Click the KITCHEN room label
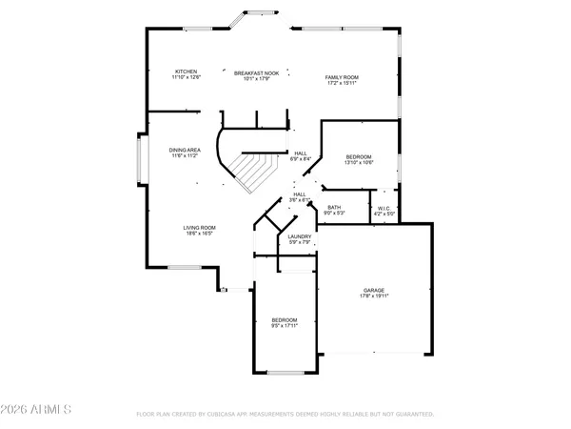[x=185, y=71]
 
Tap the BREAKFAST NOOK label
[x=257, y=71]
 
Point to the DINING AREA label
[x=184, y=150]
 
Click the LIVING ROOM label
[x=200, y=227]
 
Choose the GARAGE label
[x=373, y=290]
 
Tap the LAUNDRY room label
[x=301, y=237]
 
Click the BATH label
[x=334, y=207]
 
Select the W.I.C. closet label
[x=384, y=208]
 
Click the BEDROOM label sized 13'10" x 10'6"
[x=359, y=156]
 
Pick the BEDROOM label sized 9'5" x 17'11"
[x=285, y=319]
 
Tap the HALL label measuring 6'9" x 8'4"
[x=301, y=153]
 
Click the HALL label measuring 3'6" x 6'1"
[x=301, y=194]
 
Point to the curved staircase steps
[x=253, y=173]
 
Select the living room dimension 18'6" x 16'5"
[x=200, y=233]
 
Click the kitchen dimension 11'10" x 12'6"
[x=185, y=77]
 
